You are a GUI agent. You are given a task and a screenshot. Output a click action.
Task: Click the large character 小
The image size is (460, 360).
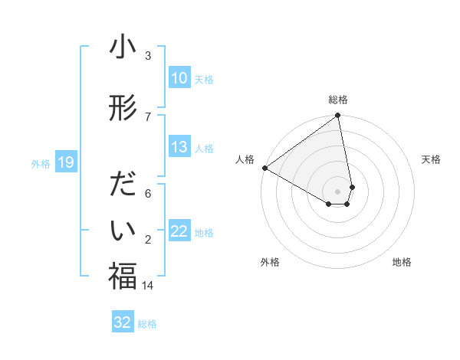tap(123, 48)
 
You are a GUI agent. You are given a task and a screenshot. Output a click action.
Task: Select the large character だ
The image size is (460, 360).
tap(123, 186)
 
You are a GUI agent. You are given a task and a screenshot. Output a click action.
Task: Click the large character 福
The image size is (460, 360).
tap(123, 277)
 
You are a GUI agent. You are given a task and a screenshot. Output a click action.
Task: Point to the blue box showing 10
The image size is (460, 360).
tap(179, 78)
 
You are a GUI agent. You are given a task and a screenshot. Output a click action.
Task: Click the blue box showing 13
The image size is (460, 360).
tap(179, 147)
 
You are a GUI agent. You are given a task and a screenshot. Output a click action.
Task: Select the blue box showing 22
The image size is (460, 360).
tap(179, 231)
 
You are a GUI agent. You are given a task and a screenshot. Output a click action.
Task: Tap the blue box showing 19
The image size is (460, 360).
tap(65, 162)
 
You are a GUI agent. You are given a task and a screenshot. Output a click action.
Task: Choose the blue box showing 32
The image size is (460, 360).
tap(123, 322)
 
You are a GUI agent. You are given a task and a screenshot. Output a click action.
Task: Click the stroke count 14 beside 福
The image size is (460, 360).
tap(148, 285)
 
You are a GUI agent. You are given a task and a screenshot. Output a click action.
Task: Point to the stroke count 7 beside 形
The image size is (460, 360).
tap(148, 116)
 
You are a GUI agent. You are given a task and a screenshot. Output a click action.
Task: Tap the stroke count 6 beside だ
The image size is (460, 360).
tap(148, 193)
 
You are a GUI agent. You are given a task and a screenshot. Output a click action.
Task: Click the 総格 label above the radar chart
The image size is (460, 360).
tap(338, 100)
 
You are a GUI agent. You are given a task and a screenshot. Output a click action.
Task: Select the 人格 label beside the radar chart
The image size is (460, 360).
tap(245, 159)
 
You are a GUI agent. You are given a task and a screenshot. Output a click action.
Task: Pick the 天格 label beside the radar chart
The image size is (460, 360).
tap(431, 159)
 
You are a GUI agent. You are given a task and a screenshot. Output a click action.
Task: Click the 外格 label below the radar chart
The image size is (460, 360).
tap(270, 262)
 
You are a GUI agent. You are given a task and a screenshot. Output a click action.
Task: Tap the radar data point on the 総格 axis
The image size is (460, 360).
tap(338, 116)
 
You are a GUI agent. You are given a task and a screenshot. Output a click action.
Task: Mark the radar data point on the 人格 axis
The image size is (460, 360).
tap(264, 168)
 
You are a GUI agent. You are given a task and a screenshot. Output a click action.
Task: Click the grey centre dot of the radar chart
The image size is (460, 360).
tap(338, 191)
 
